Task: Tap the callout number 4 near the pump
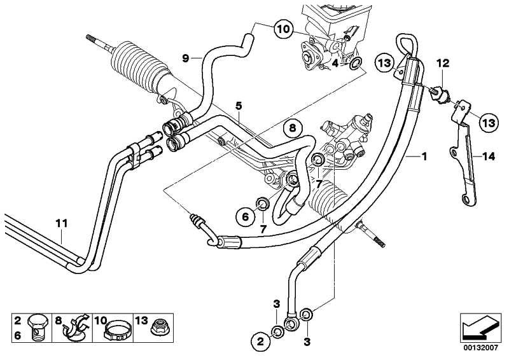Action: (x=335, y=64)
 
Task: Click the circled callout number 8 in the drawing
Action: (x=291, y=129)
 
